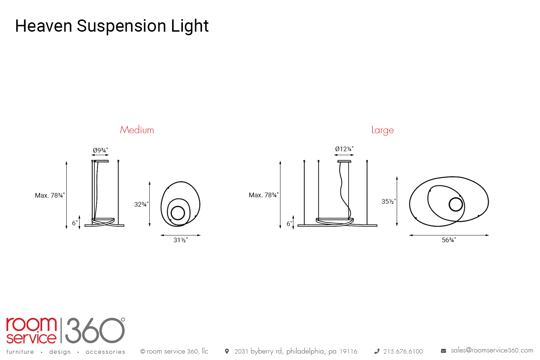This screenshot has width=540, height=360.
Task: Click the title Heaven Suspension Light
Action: click(112, 26)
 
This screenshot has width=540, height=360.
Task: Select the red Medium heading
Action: click(137, 130)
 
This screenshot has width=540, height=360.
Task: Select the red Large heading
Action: click(382, 130)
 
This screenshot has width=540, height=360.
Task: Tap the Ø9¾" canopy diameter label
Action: click(100, 150)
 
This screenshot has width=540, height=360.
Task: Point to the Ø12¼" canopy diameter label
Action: click(344, 149)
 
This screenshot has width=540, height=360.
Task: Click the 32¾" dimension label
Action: click(141, 204)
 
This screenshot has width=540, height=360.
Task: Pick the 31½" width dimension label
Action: click(180, 240)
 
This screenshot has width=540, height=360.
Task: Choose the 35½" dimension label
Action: click(388, 202)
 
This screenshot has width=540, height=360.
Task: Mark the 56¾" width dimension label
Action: click(449, 240)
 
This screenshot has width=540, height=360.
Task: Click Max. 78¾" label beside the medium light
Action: click(50, 195)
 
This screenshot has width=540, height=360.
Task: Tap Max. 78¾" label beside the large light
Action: click(264, 195)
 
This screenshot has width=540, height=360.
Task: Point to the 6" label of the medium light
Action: click(75, 223)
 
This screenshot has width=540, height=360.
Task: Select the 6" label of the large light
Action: click(289, 224)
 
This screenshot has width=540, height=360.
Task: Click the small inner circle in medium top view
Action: click(178, 213)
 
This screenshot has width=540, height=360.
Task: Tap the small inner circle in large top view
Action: click(456, 204)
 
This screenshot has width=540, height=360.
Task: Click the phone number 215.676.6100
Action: click(403, 351)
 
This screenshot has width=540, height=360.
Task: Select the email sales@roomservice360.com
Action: click(492, 350)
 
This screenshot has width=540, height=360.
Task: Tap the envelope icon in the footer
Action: click(444, 351)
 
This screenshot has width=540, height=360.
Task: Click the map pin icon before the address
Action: click(227, 351)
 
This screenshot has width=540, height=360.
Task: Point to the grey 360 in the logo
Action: click(94, 330)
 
